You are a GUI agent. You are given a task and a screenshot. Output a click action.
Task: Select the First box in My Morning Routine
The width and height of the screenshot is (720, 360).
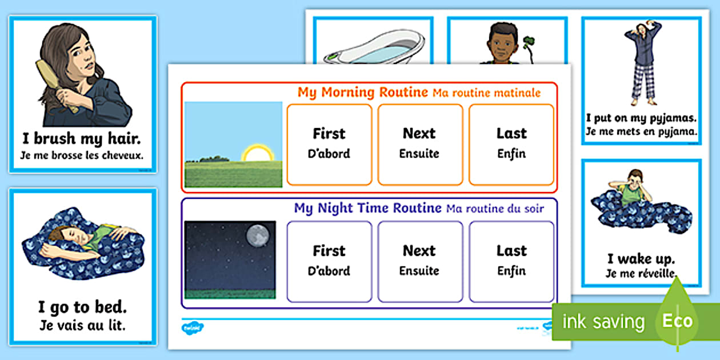(329, 145)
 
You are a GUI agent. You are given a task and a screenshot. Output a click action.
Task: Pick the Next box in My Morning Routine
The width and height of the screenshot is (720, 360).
(420, 145)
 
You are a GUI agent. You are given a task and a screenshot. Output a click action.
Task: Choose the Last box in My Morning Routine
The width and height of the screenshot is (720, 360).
(511, 145)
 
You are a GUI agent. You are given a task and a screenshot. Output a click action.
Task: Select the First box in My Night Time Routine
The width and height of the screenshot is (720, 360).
(329, 261)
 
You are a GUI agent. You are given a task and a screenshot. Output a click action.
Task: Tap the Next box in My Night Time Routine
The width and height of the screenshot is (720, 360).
(420, 261)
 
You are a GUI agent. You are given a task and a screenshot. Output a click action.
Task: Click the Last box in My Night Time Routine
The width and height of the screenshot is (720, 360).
(511, 261)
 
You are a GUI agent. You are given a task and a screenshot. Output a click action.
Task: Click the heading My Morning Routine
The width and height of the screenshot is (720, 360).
(363, 92)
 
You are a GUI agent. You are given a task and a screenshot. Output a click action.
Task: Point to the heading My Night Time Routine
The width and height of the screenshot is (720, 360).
(368, 208)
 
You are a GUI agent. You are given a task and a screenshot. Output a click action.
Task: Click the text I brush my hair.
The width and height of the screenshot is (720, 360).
(82, 139)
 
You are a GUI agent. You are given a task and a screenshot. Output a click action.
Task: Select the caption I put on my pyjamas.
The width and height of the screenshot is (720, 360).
(641, 118)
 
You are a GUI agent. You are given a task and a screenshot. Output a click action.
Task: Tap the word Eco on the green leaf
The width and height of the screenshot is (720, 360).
(677, 321)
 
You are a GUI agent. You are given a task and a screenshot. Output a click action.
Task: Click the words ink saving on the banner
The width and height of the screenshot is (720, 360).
(603, 322)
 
